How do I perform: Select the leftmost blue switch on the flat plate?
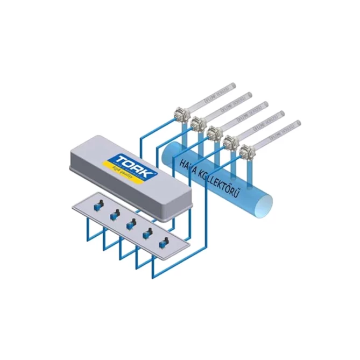tap(98, 205)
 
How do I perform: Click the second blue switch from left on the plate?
tap(114, 215)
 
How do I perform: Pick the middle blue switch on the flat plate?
tap(130, 225)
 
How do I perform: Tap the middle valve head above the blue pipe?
tap(213, 131)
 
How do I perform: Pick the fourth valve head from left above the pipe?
tap(230, 141)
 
